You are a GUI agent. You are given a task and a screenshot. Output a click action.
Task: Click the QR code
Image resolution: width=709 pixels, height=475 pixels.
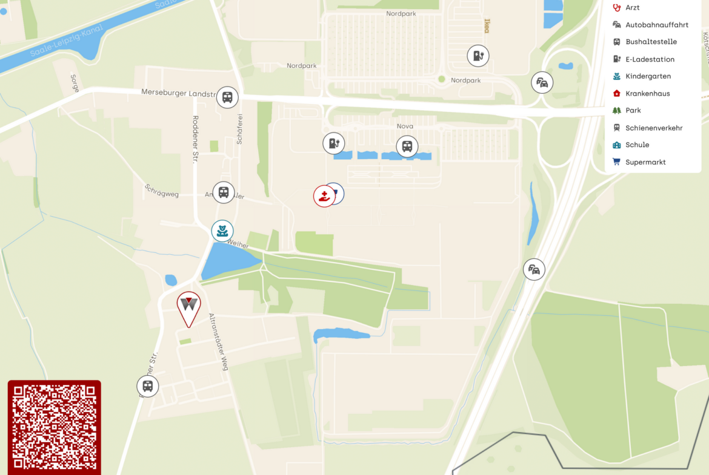tap(54, 427)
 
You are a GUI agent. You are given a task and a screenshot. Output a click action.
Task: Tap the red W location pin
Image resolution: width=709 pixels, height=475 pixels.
tap(188, 306)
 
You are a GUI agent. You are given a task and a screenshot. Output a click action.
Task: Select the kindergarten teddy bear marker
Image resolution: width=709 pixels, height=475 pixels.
tap(222, 231)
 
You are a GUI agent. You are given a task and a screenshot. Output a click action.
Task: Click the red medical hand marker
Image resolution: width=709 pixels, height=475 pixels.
tap(324, 196)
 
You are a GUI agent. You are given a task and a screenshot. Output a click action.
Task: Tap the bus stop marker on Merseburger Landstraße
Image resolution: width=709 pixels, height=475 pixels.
tap(227, 97)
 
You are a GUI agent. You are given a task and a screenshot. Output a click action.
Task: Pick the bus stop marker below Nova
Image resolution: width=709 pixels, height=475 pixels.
tap(407, 146)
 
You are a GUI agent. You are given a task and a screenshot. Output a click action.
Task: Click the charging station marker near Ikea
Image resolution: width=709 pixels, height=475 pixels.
tap(478, 56)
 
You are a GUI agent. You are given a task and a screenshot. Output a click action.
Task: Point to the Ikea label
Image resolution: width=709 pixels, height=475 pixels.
tap(486, 25)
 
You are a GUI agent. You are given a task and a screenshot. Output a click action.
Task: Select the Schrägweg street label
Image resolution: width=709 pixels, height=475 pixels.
tap(162, 191)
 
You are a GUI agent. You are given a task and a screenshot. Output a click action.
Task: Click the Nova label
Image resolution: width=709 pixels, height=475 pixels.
tap(405, 126)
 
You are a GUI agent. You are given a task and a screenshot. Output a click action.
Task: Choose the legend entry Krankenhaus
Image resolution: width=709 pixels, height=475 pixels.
tap(647, 94)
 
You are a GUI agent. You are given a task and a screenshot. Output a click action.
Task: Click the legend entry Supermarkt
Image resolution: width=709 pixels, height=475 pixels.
tap(645, 162)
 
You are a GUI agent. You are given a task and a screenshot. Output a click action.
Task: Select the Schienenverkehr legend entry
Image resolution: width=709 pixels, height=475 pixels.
tap(654, 128)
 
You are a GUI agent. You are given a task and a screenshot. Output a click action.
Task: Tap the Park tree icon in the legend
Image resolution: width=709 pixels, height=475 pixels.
tap(617, 111)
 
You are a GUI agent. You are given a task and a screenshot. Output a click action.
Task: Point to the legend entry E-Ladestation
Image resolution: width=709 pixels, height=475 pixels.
tap(650, 59)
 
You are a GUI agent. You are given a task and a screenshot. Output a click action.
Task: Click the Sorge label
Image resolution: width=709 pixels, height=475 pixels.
tap(75, 84)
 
